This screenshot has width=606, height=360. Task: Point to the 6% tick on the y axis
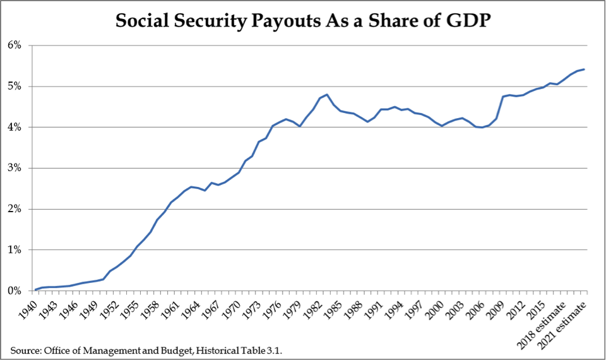(15, 45)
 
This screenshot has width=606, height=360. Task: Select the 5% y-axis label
(15, 87)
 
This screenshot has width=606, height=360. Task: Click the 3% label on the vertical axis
(15, 168)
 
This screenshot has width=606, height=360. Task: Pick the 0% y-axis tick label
(15, 291)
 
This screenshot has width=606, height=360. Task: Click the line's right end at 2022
(585, 69)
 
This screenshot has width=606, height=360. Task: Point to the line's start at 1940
(35, 290)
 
